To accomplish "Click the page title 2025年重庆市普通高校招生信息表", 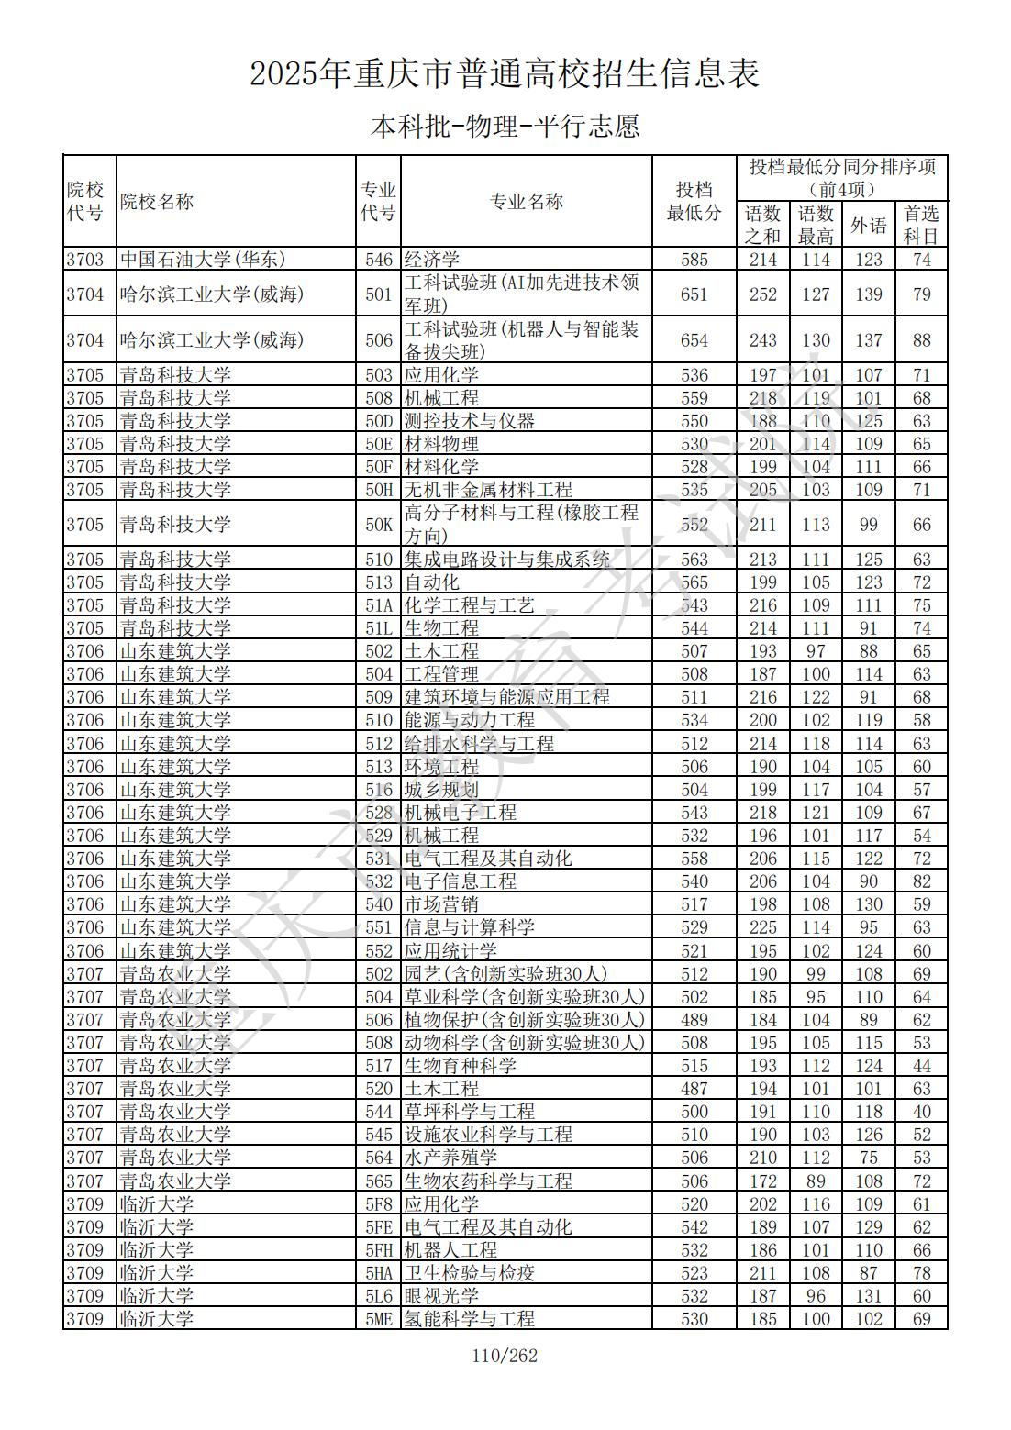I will tap(505, 74).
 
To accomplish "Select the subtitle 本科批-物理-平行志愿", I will tap(505, 126).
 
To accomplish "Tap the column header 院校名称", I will tap(157, 202).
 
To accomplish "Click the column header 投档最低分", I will tap(694, 202).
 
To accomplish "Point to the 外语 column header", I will tap(868, 225).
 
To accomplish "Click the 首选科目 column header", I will tap(921, 225).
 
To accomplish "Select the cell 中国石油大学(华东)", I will tap(203, 260).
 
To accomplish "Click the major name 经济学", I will tap(432, 260).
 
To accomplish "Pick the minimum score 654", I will tap(694, 340).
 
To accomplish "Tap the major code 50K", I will tap(379, 525).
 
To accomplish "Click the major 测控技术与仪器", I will tap(470, 421).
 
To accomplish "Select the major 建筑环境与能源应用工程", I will tap(507, 697).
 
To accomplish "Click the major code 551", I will tap(379, 927).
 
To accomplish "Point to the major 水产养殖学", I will tap(450, 1158).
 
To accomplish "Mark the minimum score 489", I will tap(694, 1020).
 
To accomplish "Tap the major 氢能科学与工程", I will tap(470, 1319).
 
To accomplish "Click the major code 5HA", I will tap(379, 1273).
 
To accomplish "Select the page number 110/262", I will tap(505, 1356).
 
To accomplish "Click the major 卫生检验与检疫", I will tap(470, 1273).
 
